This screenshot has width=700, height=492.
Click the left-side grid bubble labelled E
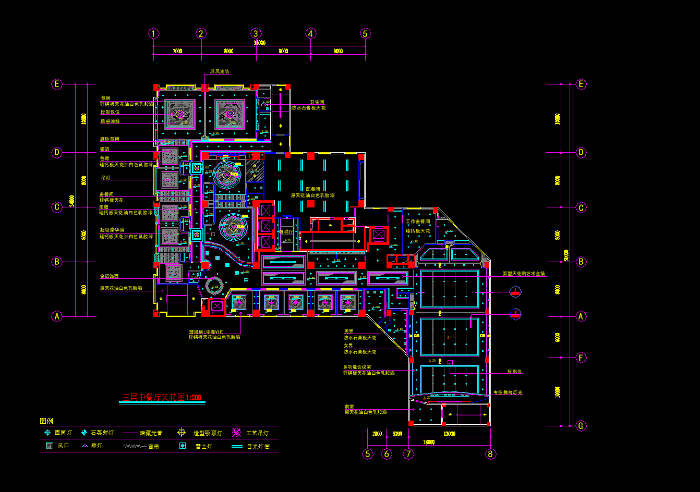pos(57,84)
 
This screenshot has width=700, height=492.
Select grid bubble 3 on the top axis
pos(256,33)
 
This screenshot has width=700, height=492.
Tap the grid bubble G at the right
pos(581,426)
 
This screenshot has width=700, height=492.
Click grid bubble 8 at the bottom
pos(490,454)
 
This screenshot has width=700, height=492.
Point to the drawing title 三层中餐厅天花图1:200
pos(162,398)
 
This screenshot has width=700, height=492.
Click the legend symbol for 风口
pos(50,446)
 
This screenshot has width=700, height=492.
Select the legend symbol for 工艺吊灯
pos(236,433)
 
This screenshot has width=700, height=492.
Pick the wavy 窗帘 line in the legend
pos(134,447)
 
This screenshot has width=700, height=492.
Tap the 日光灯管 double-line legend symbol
pos(237,447)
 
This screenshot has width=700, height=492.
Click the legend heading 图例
pos(46,421)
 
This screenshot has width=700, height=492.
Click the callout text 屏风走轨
pos(220,71)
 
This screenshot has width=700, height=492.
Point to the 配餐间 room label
pos(313,189)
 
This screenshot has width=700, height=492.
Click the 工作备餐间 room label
pos(418,222)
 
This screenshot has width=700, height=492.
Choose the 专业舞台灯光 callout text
pos(508,392)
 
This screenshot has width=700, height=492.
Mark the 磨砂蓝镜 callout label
pos(110,139)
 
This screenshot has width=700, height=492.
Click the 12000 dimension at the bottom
pos(449,434)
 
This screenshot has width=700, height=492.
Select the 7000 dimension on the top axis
pos(177,51)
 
